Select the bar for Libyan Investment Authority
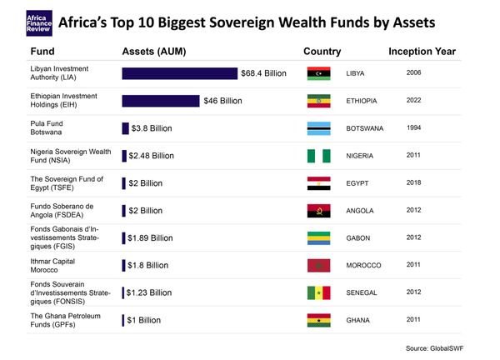179,73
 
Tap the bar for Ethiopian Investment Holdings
161,101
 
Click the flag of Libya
319,74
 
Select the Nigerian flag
319,156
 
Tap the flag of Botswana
319,129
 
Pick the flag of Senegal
319,292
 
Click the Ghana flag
319,320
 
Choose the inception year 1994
413,128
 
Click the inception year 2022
413,101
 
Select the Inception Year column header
423,52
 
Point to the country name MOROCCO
362,266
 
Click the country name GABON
357,238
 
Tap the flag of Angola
319,211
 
